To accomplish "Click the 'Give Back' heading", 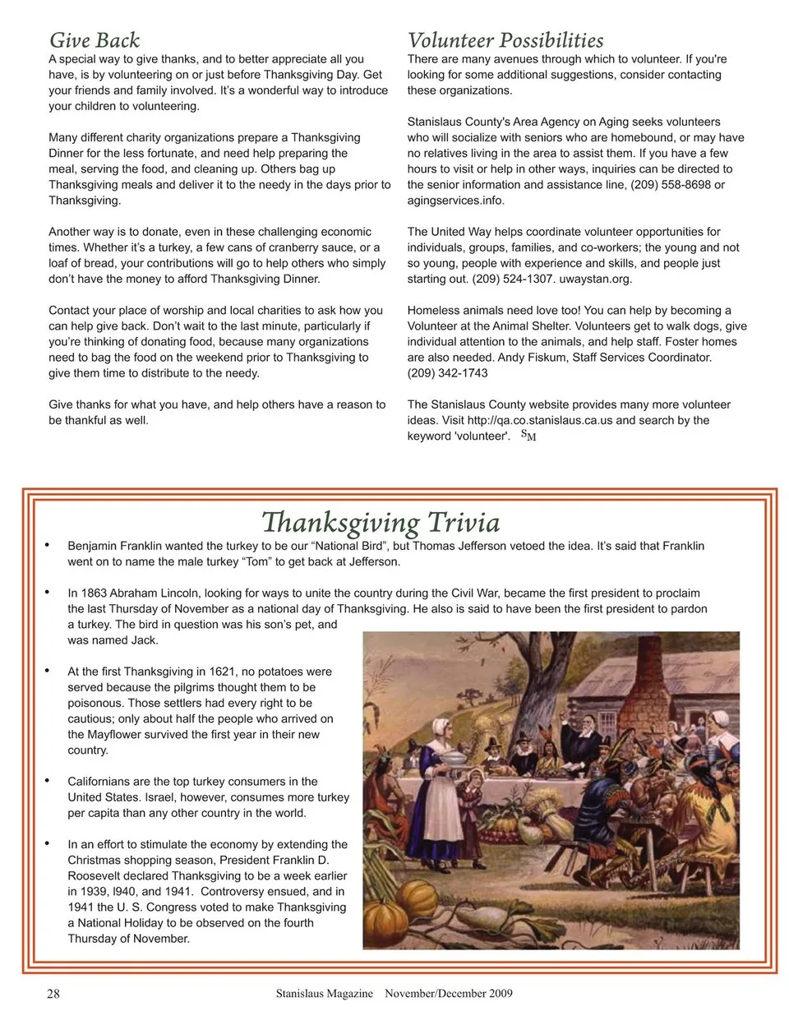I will (95, 40).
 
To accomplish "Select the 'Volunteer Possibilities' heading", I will (505, 40).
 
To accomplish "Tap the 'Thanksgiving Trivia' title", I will (381, 523).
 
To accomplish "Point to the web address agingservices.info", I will (455, 201).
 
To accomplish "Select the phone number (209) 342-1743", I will (447, 373).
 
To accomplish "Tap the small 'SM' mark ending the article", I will (528, 436).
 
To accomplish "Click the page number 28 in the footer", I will (53, 994).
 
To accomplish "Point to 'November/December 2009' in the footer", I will (449, 994).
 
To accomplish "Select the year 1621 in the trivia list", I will (220, 672).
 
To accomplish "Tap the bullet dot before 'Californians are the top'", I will (48, 781).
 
